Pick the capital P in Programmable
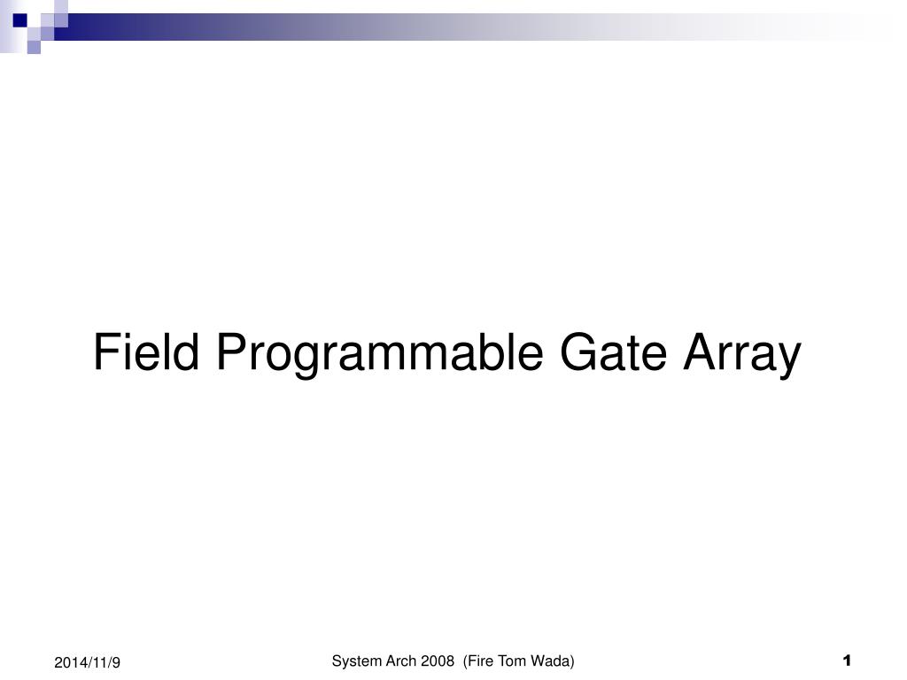[229, 352]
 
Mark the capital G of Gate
[578, 352]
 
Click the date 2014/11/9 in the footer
[87, 662]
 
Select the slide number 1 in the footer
[847, 660]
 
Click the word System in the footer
[353, 661]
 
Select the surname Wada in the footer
[554, 661]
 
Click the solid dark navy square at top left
[19, 19]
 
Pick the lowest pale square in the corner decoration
[34, 48]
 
